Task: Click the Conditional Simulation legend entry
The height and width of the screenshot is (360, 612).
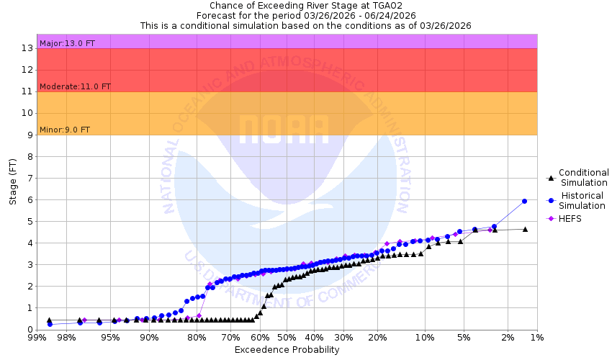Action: tap(583, 177)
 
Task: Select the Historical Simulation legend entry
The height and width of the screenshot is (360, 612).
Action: tap(583, 201)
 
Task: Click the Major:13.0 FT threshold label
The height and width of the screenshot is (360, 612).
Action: tap(68, 43)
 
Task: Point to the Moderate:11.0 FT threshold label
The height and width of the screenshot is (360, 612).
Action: tap(75, 86)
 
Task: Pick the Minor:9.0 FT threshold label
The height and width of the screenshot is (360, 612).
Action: tap(65, 130)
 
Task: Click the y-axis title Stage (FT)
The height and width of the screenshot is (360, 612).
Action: tap(13, 181)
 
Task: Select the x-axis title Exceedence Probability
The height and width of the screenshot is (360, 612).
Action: tap(287, 350)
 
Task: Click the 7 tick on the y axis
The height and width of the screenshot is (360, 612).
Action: tap(30, 178)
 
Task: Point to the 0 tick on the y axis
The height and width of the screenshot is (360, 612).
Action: tap(30, 329)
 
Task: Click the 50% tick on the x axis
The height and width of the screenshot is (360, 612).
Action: tap(287, 337)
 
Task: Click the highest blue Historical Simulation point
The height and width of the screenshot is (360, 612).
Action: tap(524, 201)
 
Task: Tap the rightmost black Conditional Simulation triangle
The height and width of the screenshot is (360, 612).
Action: tap(525, 229)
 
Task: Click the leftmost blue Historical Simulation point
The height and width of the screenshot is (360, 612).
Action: tap(50, 324)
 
